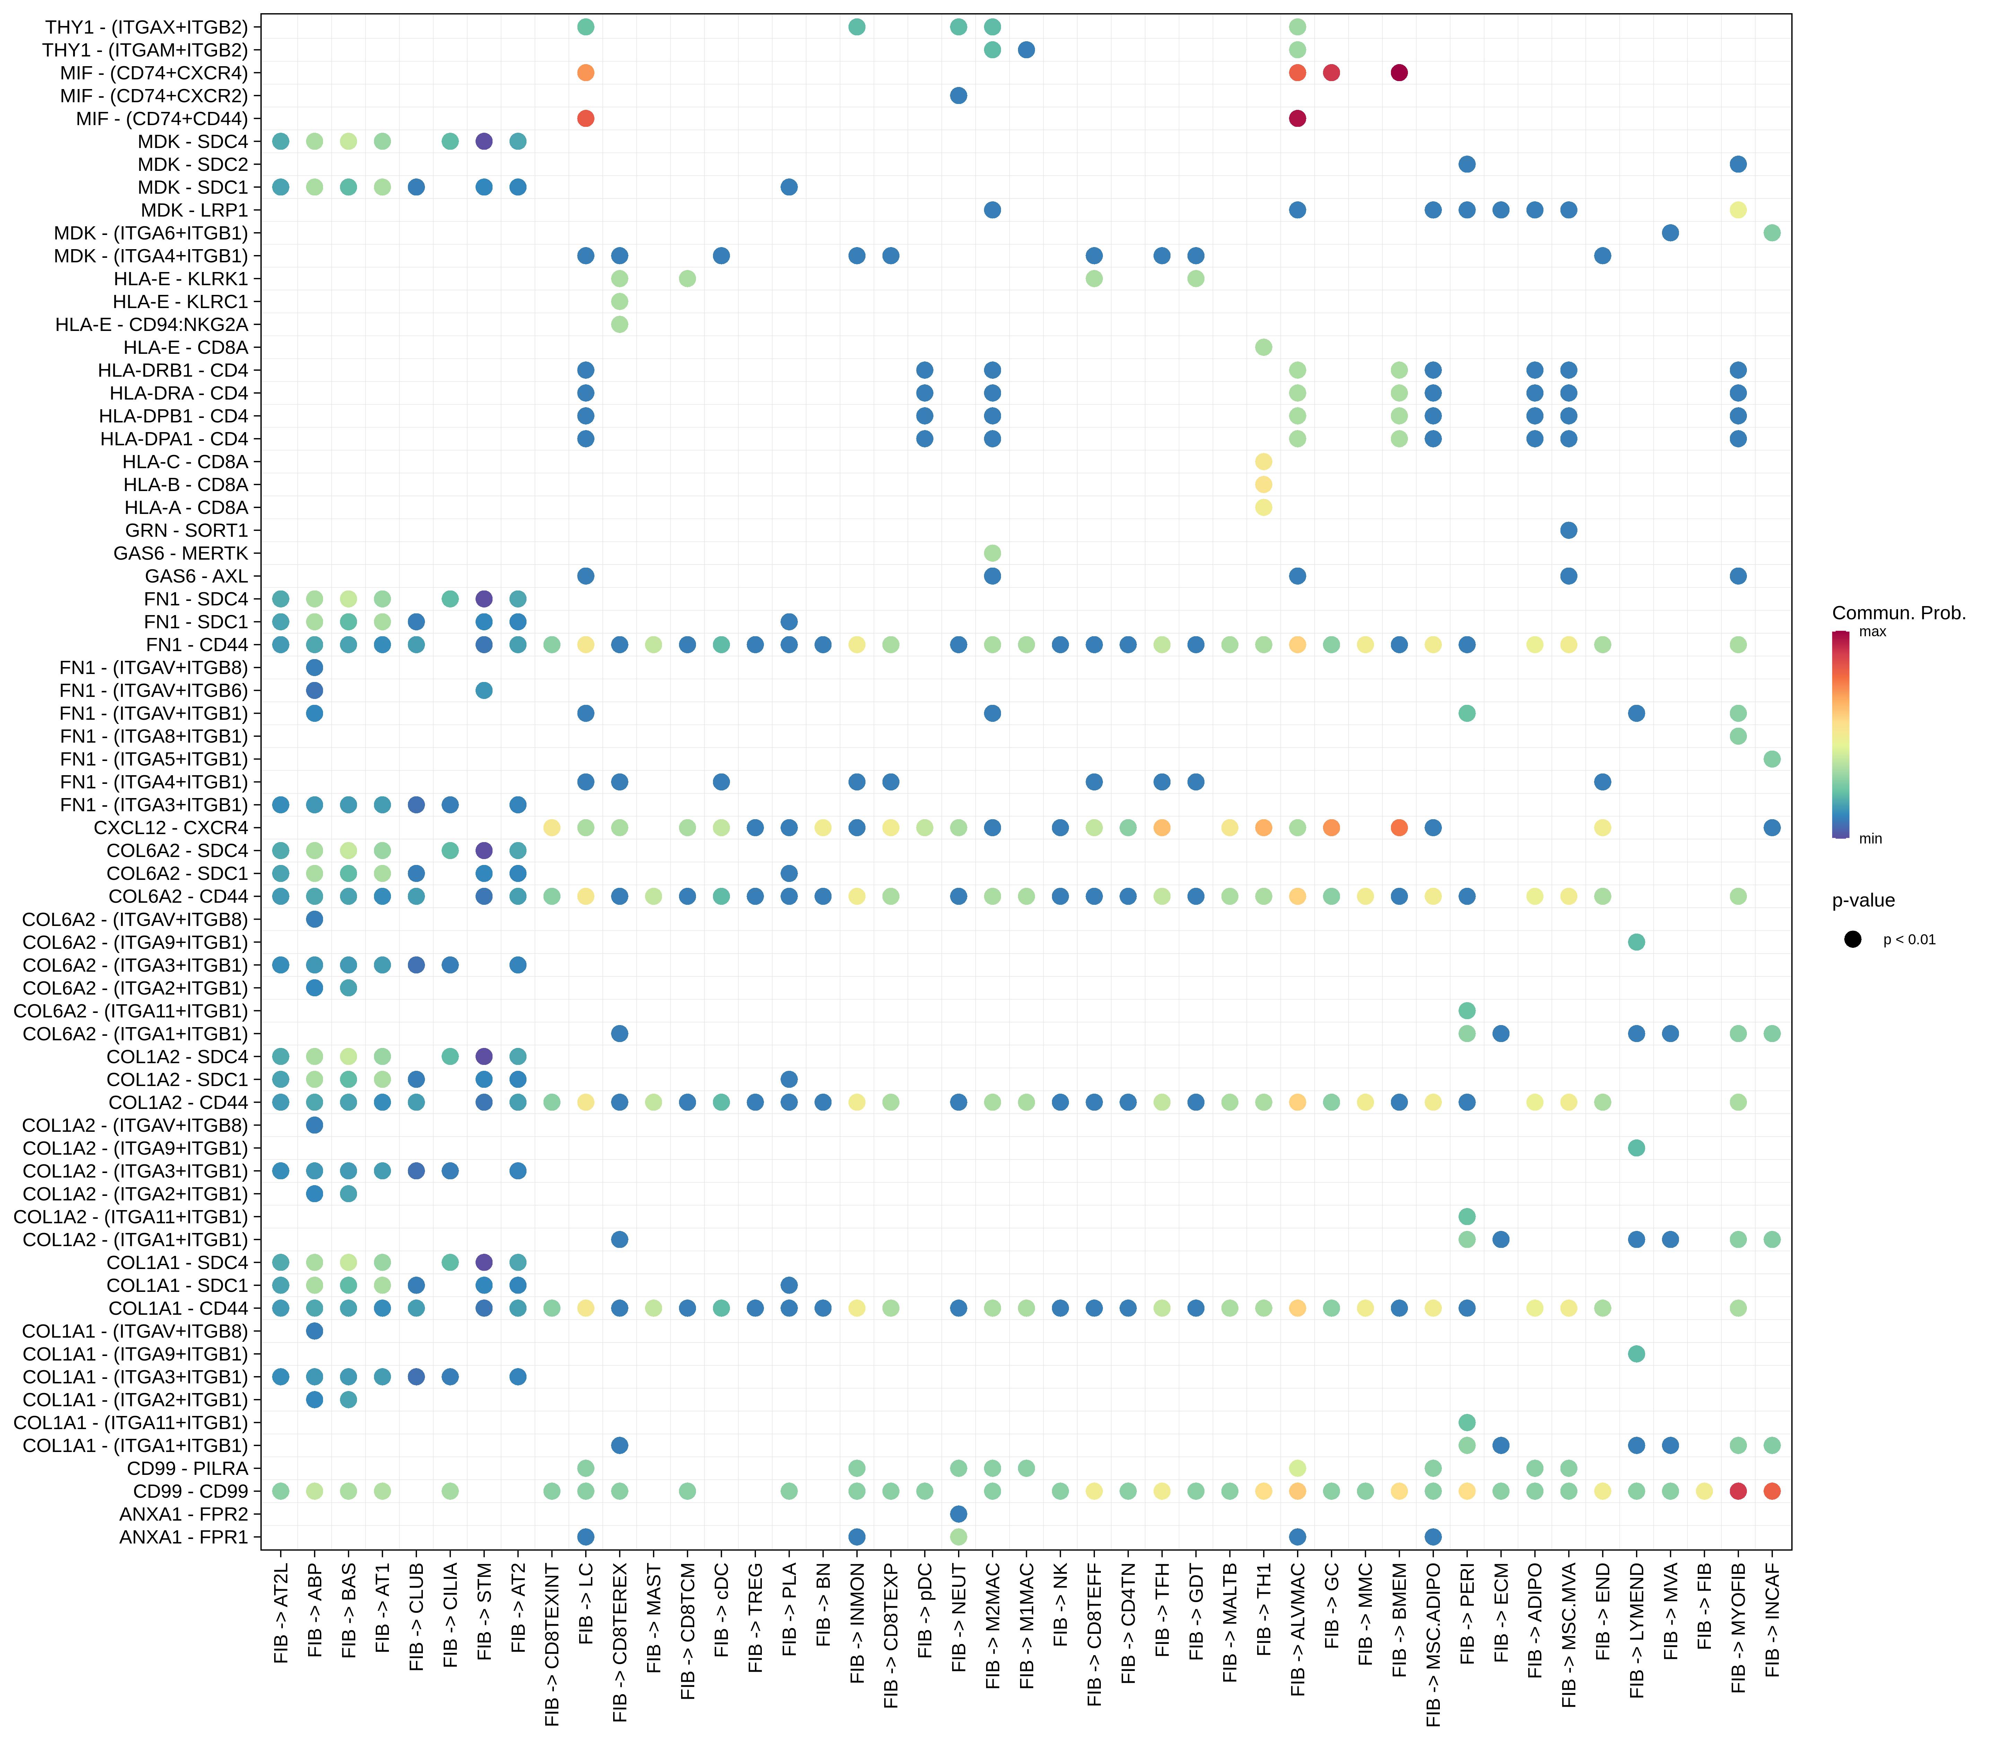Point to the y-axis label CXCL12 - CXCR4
[x=171, y=828]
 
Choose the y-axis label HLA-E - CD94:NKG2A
[x=151, y=324]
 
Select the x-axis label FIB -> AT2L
[x=281, y=1613]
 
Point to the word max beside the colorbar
[x=1872, y=631]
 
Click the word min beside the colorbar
[x=1871, y=838]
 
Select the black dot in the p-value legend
[x=1853, y=939]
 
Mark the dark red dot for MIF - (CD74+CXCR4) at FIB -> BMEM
[x=1399, y=73]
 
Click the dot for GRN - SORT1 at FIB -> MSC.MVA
[x=1568, y=531]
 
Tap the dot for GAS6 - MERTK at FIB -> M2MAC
[x=992, y=553]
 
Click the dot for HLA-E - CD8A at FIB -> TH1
[x=1263, y=347]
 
